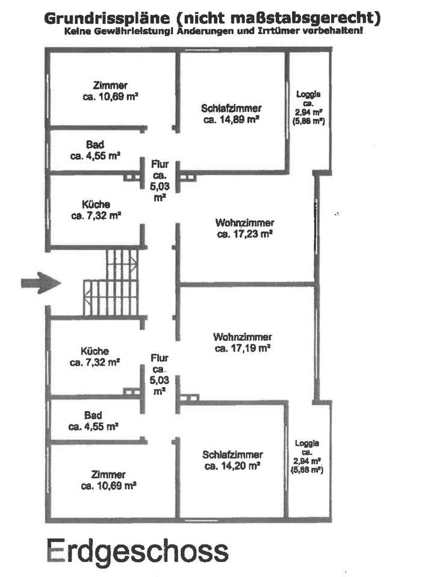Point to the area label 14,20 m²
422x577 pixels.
[x=232, y=465]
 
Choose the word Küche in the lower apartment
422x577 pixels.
[x=95, y=351]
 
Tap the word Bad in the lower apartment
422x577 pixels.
[x=93, y=415]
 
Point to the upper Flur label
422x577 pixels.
[x=159, y=163]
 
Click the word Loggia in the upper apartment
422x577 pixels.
[x=308, y=94]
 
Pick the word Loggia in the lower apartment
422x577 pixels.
[x=307, y=443]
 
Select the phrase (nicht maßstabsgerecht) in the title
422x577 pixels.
[x=276, y=18]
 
